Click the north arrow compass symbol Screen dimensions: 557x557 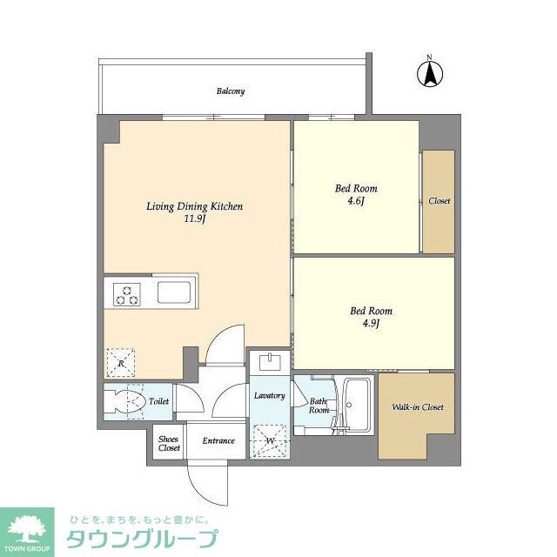coord(429,73)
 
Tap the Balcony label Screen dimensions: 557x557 coord(231,91)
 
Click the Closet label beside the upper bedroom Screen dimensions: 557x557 coord(439,201)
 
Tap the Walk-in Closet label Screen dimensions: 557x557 coord(417,406)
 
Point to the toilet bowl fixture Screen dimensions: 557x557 coord(124,402)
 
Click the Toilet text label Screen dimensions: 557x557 coord(158,401)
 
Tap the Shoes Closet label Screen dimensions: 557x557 coord(169,443)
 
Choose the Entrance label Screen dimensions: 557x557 coord(218,440)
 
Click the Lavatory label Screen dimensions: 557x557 coord(269,396)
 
